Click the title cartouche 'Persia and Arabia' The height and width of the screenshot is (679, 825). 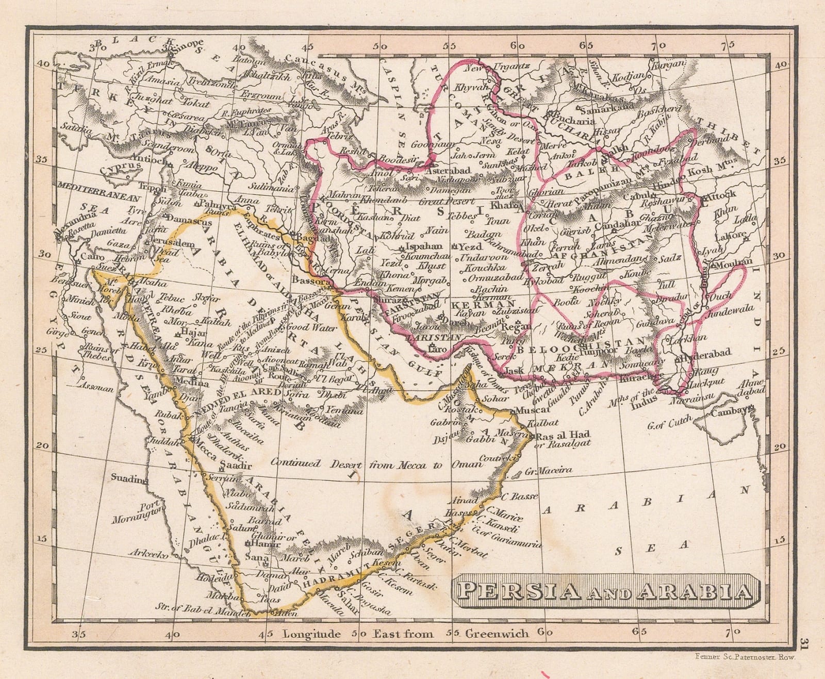tap(606, 591)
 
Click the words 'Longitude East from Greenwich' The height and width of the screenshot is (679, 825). tap(405, 634)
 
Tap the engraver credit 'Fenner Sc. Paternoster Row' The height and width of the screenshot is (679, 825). tap(745, 657)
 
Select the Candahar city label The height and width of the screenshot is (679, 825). tap(617, 225)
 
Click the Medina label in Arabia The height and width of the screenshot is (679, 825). tap(192, 383)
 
